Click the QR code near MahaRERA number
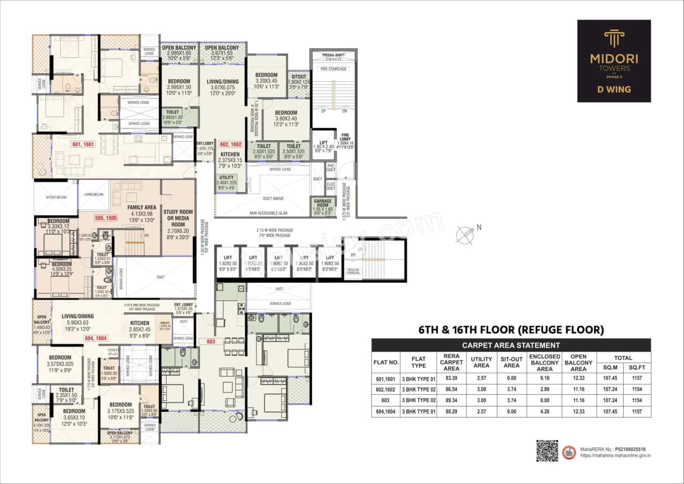(x=547, y=450)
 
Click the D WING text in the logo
(x=614, y=89)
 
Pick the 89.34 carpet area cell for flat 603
(x=452, y=400)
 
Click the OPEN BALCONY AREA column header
(x=578, y=362)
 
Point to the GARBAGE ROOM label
(x=323, y=204)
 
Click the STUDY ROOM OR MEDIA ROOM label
(x=178, y=219)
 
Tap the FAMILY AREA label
(x=142, y=207)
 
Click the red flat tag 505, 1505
(x=106, y=218)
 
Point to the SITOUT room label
(x=299, y=77)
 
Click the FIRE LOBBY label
(x=346, y=137)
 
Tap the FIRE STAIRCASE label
(x=334, y=69)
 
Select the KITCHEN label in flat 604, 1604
(x=140, y=323)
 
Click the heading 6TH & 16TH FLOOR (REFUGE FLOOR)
(x=511, y=330)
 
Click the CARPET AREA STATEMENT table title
(x=511, y=345)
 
